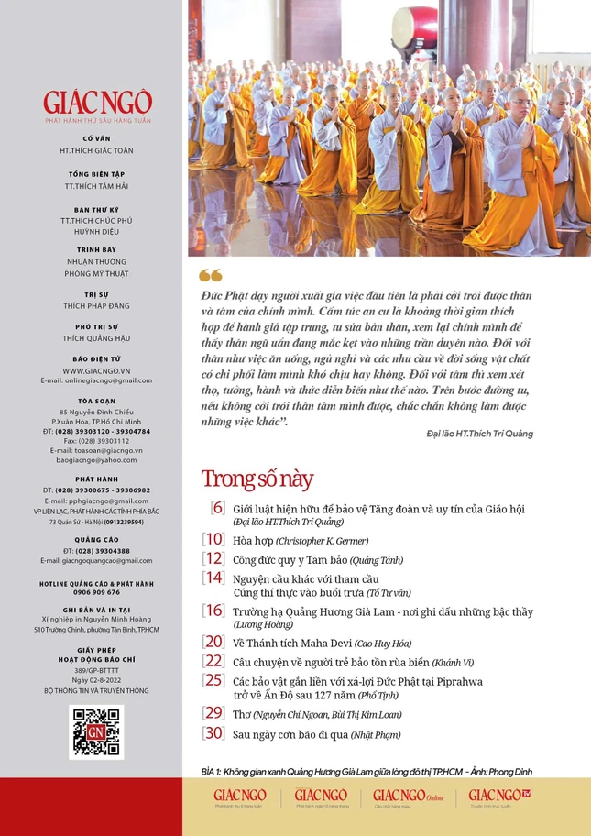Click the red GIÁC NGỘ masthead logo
point(96,102)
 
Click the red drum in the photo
point(414,28)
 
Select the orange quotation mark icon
point(210,275)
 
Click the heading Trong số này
point(257,478)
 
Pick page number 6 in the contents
point(217,507)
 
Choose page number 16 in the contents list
point(213,610)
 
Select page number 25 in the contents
point(213,680)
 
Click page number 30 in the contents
point(213,732)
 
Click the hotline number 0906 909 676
point(96,592)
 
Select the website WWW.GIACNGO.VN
point(96,370)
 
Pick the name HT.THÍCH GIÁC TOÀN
point(96,149)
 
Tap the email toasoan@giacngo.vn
point(96,450)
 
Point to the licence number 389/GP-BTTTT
point(96,670)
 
